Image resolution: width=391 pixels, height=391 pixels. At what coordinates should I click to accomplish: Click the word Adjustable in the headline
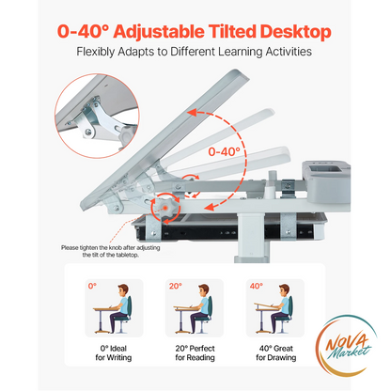(x=159, y=32)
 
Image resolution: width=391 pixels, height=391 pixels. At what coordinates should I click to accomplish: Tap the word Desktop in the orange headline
(x=295, y=32)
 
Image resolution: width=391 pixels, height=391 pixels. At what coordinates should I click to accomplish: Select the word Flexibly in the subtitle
(x=96, y=52)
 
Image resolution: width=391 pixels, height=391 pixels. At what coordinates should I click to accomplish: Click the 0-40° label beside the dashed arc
(x=225, y=152)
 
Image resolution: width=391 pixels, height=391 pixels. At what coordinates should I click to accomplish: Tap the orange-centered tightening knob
(x=165, y=208)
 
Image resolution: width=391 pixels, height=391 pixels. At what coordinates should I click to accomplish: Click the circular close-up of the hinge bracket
(x=97, y=116)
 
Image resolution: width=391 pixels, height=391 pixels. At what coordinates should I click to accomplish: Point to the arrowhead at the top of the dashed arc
(x=192, y=112)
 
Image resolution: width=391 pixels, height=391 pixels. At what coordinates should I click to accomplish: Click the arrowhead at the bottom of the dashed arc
(x=210, y=207)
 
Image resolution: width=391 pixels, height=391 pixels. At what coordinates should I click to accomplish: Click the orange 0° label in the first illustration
(x=92, y=286)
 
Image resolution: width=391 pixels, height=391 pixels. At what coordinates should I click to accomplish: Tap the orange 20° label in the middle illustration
(x=175, y=286)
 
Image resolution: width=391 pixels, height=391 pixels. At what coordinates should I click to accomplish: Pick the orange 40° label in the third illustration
(x=256, y=286)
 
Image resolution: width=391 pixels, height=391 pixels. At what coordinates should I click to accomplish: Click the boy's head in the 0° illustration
(x=122, y=290)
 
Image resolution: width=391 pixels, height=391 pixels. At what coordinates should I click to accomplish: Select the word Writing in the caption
(x=118, y=357)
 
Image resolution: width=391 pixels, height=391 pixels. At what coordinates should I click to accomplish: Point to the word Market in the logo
(x=351, y=352)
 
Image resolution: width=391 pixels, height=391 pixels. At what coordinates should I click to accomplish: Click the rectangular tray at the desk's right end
(x=326, y=181)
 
